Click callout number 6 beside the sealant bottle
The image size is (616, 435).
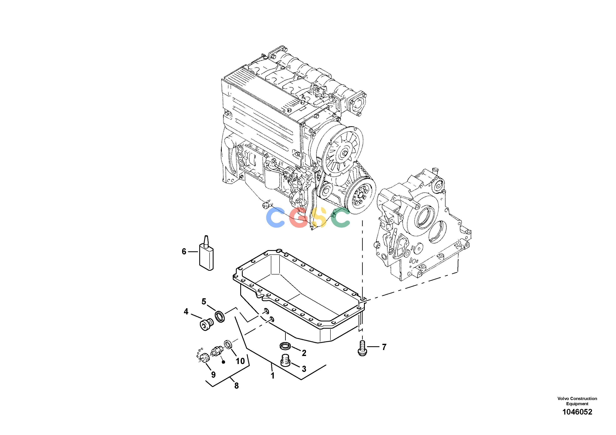coord(184,252)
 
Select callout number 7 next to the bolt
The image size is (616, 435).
coord(384,347)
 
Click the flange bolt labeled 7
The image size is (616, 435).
coord(362,348)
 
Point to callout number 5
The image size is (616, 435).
coord(204,302)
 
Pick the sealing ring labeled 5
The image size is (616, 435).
coord(220,317)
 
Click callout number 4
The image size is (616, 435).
coord(186,312)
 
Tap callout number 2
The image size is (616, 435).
coord(304,353)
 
